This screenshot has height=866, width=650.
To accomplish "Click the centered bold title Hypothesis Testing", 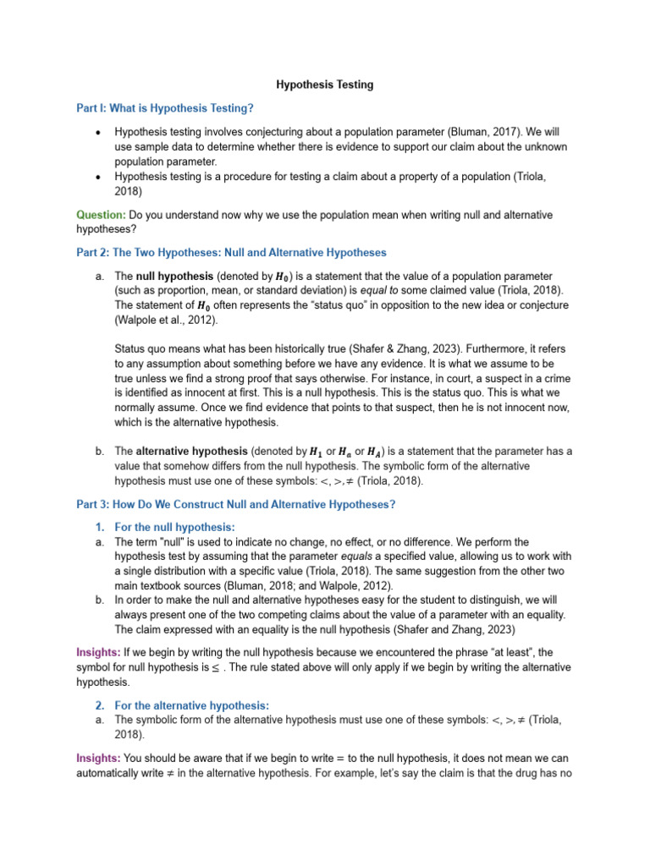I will [325, 85].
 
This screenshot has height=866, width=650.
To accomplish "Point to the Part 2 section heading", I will [231, 252].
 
